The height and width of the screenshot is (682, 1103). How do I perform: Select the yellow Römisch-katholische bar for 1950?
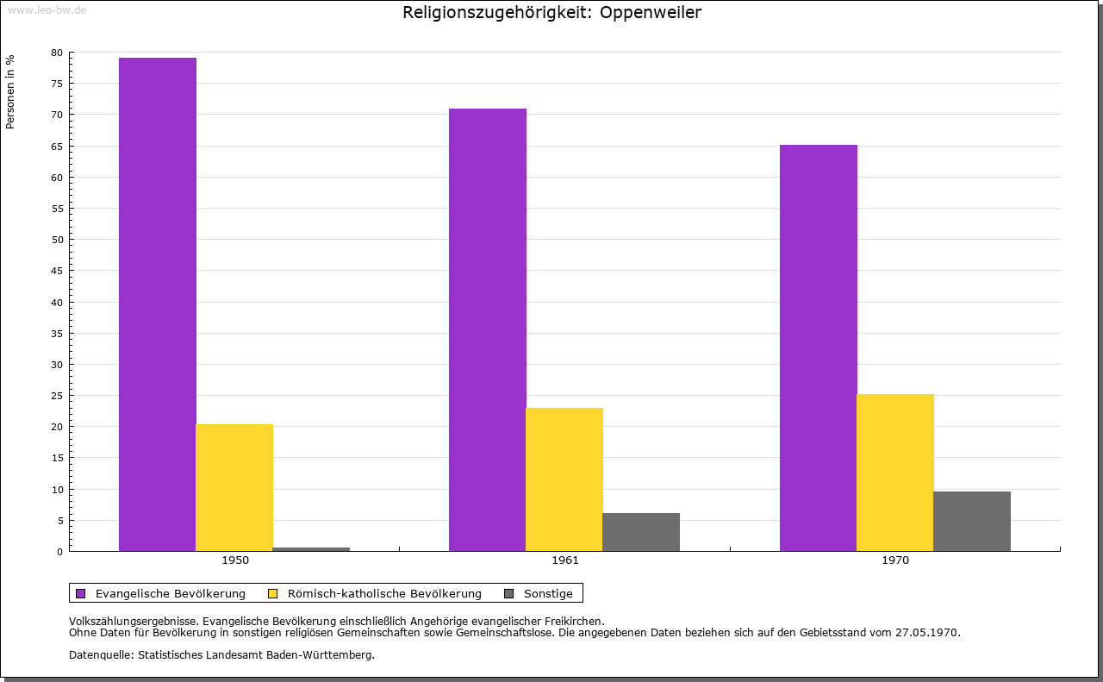tap(234, 487)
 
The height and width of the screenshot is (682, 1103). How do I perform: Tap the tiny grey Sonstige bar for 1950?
tap(311, 549)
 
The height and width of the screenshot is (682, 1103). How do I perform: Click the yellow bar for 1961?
tap(564, 479)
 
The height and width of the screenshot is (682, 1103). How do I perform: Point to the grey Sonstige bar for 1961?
tap(641, 532)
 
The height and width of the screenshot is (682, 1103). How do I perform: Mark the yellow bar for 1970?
tap(895, 472)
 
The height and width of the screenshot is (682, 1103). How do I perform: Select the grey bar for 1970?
tap(972, 521)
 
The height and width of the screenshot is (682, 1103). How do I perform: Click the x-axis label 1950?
tap(235, 560)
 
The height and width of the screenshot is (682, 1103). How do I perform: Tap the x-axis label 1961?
tap(565, 560)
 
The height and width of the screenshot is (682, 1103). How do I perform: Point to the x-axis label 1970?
tap(895, 560)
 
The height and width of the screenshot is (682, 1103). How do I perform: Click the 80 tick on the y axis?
tap(57, 53)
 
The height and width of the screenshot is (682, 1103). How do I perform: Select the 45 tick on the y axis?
tap(57, 271)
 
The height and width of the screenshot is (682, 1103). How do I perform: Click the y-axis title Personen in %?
tap(10, 91)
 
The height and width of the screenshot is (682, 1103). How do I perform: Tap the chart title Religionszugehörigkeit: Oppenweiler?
tap(552, 13)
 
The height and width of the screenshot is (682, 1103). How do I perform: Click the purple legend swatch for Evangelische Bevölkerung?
tap(81, 593)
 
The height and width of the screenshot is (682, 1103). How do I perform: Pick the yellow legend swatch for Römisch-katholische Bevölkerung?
tap(273, 593)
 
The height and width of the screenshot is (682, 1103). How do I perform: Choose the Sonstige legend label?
tap(548, 593)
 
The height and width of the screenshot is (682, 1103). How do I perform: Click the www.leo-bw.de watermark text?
tap(47, 9)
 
